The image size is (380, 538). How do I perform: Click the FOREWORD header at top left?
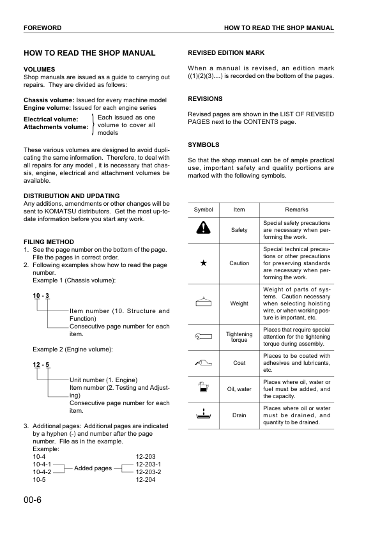(42, 28)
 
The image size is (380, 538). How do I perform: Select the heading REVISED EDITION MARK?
(226, 52)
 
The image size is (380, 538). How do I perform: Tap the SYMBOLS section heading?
(204, 144)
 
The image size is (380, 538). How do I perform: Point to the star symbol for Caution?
(203, 263)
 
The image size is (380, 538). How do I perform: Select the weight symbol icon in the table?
(203, 302)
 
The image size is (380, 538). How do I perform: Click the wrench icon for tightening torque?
(203, 334)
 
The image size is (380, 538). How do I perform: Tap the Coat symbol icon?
(203, 362)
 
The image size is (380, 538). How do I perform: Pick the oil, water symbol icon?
(203, 387)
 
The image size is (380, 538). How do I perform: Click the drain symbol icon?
(203, 414)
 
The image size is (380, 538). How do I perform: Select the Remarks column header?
(296, 210)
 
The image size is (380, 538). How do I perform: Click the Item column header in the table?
(239, 210)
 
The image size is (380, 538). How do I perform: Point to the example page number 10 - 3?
(42, 295)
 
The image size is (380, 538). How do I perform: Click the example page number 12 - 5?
(42, 365)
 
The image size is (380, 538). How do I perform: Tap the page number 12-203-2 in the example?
(148, 472)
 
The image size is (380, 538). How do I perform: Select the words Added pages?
(93, 468)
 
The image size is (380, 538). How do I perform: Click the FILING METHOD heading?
(49, 242)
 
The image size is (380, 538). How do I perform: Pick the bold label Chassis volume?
(49, 100)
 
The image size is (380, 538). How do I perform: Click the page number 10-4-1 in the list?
(42, 465)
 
